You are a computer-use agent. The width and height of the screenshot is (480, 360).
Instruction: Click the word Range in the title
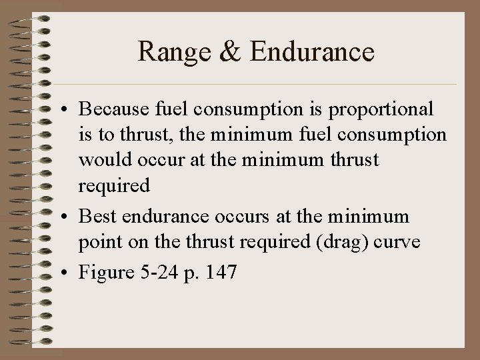click(173, 52)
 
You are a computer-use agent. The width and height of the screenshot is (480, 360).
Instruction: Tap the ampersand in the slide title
click(229, 52)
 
